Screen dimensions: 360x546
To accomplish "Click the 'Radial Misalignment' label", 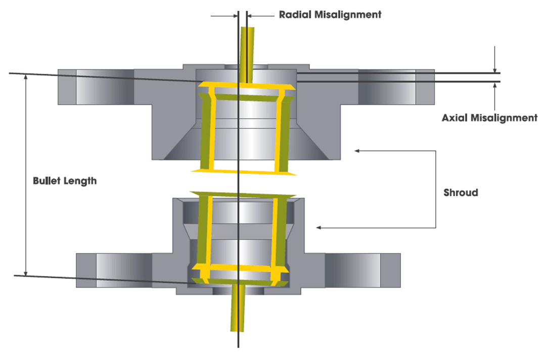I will (330, 15).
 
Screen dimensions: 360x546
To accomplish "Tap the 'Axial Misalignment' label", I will (489, 118).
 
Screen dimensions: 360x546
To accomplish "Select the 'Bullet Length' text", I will (64, 181).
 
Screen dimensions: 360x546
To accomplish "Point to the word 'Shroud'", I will (461, 193).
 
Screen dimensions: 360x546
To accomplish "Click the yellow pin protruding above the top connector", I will (248, 53).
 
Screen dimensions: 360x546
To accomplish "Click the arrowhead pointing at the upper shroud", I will (358, 150).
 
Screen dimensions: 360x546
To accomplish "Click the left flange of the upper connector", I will (96, 86).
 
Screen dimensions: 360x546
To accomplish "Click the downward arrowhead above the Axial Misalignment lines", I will (495, 70).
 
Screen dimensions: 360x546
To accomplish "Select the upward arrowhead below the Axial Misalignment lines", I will (495, 86).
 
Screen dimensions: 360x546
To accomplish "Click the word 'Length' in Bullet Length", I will (80, 181).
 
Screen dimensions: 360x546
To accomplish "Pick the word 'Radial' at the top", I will (295, 15).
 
